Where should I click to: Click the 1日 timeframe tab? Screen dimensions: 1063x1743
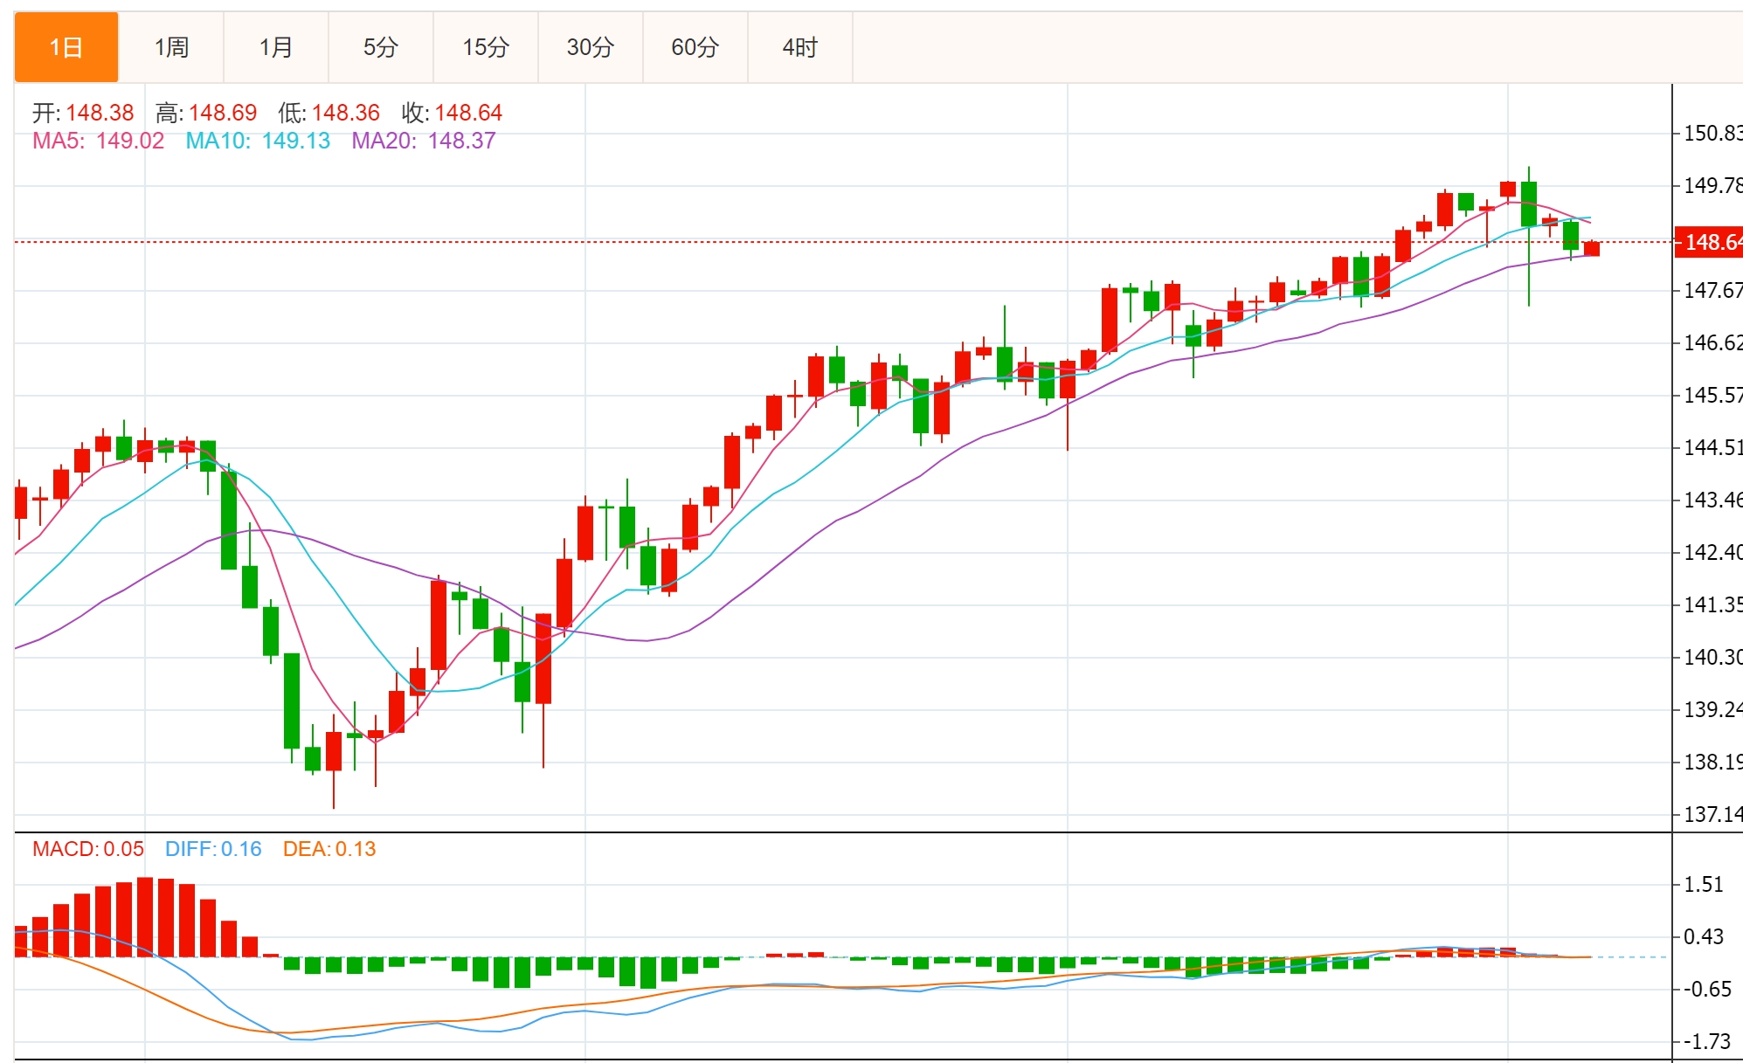click(66, 47)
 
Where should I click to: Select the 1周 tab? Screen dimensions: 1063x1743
click(171, 47)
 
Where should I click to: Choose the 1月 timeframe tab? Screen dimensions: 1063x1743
click(276, 47)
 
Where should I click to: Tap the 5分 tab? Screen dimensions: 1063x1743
click(381, 47)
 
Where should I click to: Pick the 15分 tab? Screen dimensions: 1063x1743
click(486, 47)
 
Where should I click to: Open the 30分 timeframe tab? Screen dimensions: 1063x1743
click(591, 47)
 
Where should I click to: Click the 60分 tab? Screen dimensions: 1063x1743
click(695, 47)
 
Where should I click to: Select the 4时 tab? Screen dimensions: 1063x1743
click(800, 47)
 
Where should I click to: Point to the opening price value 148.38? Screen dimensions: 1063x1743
click(100, 113)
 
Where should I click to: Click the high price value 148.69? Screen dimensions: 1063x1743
click(223, 113)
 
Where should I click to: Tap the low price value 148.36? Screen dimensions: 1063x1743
click(346, 113)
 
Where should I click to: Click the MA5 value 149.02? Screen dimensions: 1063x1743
click(130, 141)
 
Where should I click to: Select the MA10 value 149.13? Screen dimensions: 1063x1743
click(296, 141)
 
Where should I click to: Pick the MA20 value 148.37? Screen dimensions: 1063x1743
click(462, 141)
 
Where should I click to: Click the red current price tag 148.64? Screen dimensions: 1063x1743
click(1711, 242)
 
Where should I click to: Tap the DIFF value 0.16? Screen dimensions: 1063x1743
click(241, 849)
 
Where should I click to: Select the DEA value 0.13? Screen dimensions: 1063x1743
click(356, 849)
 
